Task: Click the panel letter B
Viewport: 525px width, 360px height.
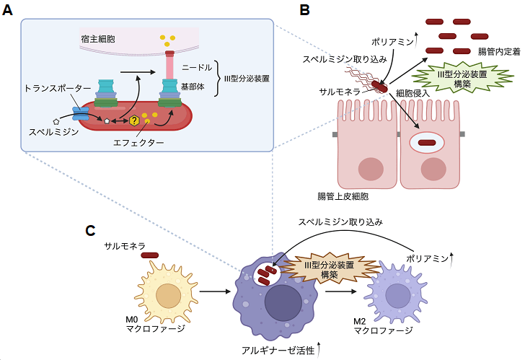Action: [305, 10]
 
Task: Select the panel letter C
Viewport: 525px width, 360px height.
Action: [91, 231]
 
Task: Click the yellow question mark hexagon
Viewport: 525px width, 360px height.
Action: [133, 121]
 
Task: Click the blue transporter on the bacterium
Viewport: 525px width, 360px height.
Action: [79, 115]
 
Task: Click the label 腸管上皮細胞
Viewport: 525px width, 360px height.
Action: [344, 196]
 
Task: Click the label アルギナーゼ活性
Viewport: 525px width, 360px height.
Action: [278, 350]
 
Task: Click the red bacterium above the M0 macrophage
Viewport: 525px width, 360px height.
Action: [150, 255]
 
